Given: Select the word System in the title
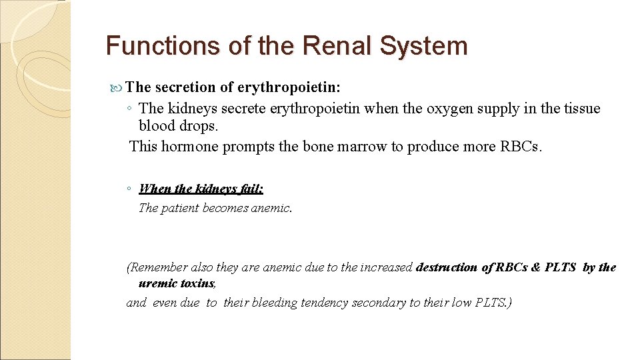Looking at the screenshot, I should coord(425,46).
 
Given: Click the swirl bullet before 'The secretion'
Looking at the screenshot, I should coord(118,87).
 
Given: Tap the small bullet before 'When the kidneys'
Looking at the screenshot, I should coord(127,189).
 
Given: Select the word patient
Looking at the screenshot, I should coord(179,208).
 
